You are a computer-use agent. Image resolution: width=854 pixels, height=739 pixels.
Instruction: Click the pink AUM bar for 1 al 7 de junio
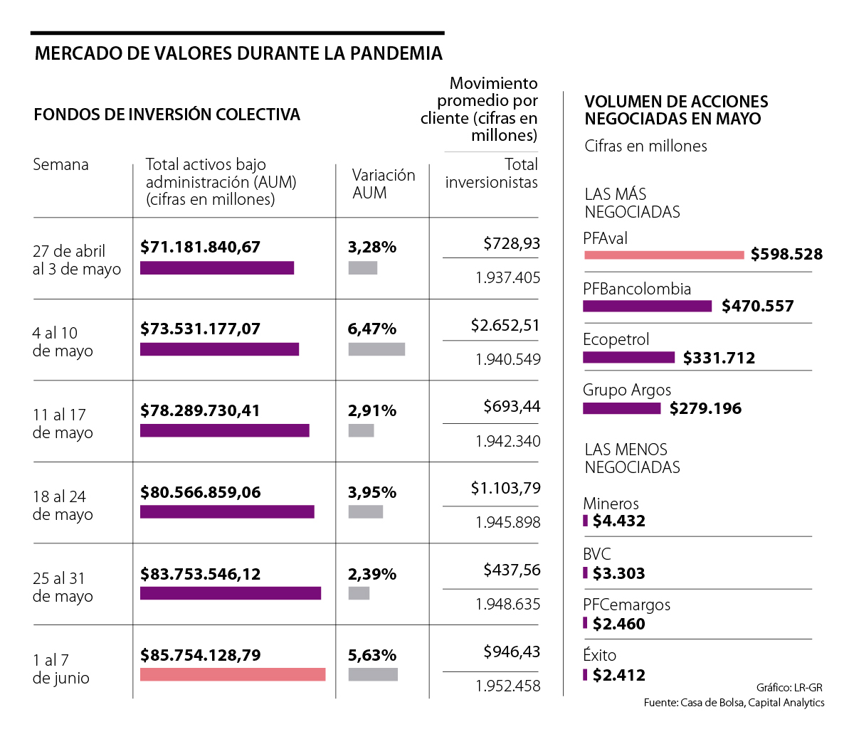coord(233,674)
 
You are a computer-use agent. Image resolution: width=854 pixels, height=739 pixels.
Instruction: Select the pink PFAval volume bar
coord(663,255)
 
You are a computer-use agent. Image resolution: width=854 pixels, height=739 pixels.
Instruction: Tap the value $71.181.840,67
coord(200,247)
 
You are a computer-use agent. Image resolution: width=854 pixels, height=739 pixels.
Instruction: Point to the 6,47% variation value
coord(371,329)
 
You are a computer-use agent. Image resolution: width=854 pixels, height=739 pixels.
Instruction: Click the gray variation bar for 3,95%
coord(366,511)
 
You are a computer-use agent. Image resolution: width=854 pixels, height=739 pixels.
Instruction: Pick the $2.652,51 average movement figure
coord(505,325)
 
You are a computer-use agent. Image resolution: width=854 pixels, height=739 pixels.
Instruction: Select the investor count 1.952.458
coord(507,686)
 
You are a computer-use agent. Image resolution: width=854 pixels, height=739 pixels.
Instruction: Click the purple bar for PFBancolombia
coord(647,306)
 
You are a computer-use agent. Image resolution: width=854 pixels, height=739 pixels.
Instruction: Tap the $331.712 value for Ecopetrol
coord(719,358)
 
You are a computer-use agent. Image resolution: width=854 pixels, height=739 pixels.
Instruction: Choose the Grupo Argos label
coord(626,390)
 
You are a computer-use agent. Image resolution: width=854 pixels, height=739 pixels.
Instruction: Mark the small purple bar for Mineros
coord(586,521)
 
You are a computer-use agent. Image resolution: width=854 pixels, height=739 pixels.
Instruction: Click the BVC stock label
coord(596,554)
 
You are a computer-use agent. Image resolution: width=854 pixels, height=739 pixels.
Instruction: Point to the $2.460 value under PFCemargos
coord(618,624)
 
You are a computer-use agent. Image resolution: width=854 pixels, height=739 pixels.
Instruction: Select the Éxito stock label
coord(599,655)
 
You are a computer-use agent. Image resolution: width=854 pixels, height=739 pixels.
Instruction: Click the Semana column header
coord(60,164)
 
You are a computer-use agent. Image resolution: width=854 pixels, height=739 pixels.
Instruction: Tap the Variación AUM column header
coord(383,184)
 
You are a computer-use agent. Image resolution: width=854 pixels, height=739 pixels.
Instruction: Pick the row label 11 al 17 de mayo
coord(63,423)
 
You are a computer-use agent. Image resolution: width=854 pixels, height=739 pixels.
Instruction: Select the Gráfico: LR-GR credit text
coord(789,687)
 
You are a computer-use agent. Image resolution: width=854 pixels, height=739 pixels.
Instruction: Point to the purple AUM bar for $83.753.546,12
coord(230,593)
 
